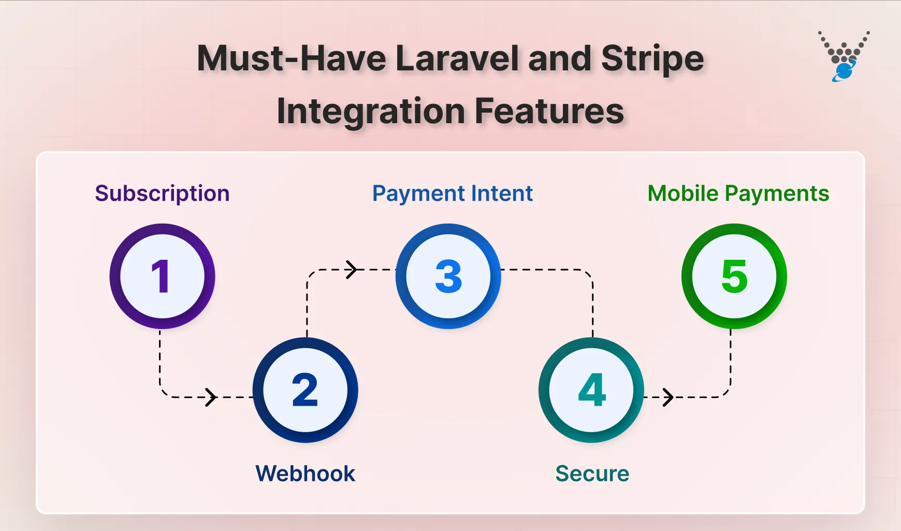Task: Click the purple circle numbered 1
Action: tap(162, 276)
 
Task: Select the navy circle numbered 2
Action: tap(305, 390)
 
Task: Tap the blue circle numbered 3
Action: tap(448, 276)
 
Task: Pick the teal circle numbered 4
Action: tap(591, 390)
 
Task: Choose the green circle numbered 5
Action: tap(734, 276)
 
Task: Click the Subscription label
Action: tap(162, 194)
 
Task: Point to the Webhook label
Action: tap(305, 474)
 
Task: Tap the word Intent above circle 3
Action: tap(502, 194)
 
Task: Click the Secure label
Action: tap(592, 474)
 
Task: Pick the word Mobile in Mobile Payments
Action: tap(683, 194)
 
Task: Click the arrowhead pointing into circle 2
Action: tap(211, 397)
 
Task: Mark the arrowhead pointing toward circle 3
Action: tap(352, 270)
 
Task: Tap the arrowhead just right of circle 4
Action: tap(669, 397)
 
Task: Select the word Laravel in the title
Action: tap(457, 58)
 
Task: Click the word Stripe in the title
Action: tap(652, 58)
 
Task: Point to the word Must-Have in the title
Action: tap(292, 58)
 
